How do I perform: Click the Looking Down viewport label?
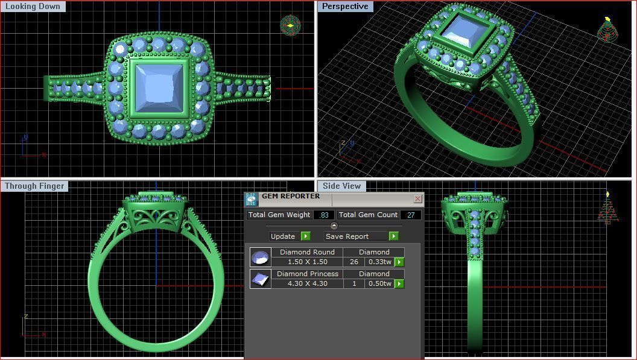click(33, 7)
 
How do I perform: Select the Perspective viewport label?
click(345, 7)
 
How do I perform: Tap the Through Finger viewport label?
click(34, 186)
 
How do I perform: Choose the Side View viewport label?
click(341, 186)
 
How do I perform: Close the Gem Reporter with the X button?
click(417, 198)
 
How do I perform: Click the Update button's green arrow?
click(305, 236)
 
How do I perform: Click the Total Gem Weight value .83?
click(324, 215)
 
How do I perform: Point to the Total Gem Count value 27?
click(411, 215)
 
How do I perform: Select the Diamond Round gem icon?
click(261, 257)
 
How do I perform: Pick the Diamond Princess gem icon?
click(261, 279)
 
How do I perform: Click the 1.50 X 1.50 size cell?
click(307, 262)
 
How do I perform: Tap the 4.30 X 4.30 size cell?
click(307, 284)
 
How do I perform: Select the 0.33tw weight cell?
click(379, 262)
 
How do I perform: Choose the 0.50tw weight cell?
click(379, 284)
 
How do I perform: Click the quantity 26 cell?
click(353, 262)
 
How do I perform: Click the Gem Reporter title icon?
click(252, 200)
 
